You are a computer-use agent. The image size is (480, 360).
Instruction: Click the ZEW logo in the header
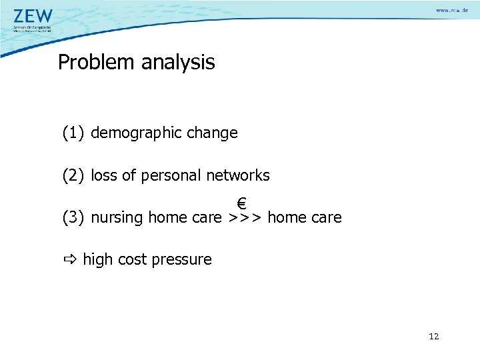tap(33, 16)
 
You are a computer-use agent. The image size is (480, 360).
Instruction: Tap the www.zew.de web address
tap(453, 12)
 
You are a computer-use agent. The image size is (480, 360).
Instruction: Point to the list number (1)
tap(74, 133)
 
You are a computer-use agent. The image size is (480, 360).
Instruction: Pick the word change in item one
tap(212, 133)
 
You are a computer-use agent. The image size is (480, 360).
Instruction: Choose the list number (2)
tap(74, 176)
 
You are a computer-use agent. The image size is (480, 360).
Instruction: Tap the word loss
tap(104, 175)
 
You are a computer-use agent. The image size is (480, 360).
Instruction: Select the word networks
tap(238, 175)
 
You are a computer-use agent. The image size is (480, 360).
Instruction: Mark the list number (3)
tap(74, 218)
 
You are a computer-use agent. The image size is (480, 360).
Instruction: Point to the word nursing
tap(117, 218)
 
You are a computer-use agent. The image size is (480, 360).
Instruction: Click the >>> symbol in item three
tap(245, 218)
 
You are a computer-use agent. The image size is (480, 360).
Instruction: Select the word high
tap(98, 260)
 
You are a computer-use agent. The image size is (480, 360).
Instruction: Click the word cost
tap(132, 260)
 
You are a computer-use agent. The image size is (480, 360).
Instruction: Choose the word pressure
tap(181, 260)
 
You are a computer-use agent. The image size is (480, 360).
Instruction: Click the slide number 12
tap(434, 337)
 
